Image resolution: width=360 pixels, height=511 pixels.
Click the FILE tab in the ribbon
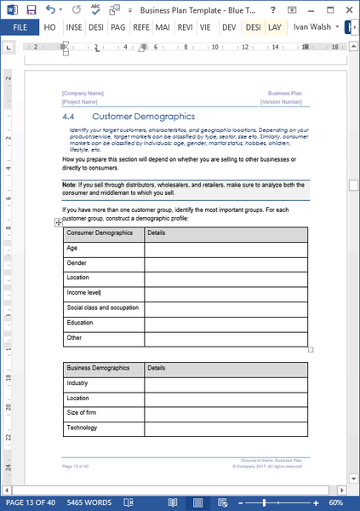point(18,27)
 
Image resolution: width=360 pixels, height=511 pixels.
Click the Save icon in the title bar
point(31,9)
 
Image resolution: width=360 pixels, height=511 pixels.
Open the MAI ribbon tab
point(162,27)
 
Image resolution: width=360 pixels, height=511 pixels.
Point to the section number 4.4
point(70,116)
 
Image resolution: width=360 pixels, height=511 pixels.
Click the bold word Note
point(69,184)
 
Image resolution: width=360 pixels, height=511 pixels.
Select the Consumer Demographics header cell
point(100,232)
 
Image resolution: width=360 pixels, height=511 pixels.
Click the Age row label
point(72,248)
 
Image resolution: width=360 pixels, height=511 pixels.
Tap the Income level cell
point(83,293)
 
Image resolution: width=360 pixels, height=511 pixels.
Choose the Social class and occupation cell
point(102,307)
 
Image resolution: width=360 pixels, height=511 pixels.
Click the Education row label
point(80,323)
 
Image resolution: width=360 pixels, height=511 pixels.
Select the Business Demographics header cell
point(98,368)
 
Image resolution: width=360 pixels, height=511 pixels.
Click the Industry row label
point(77,383)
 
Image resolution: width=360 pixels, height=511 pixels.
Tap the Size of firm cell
point(82,412)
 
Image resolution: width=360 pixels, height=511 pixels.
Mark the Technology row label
point(82,428)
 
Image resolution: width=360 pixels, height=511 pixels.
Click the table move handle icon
point(58,222)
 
